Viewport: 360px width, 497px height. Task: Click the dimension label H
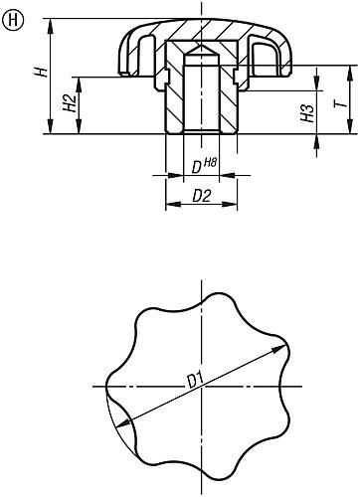point(38,76)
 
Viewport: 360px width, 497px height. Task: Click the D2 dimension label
point(201,196)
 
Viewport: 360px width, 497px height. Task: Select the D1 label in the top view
point(196,379)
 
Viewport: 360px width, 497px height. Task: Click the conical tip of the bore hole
point(201,49)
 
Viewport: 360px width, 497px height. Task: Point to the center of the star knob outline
point(201,386)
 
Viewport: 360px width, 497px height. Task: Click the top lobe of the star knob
point(201,302)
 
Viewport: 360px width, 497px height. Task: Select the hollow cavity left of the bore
point(146,51)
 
